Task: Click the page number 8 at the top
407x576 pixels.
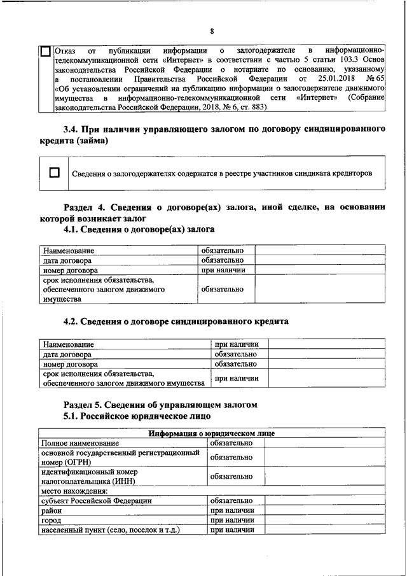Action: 212,31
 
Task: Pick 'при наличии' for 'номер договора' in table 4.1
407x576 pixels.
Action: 222,270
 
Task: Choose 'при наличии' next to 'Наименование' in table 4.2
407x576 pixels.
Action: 235,344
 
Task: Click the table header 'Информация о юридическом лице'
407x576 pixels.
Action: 211,433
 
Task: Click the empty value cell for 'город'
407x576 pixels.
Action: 324,520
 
